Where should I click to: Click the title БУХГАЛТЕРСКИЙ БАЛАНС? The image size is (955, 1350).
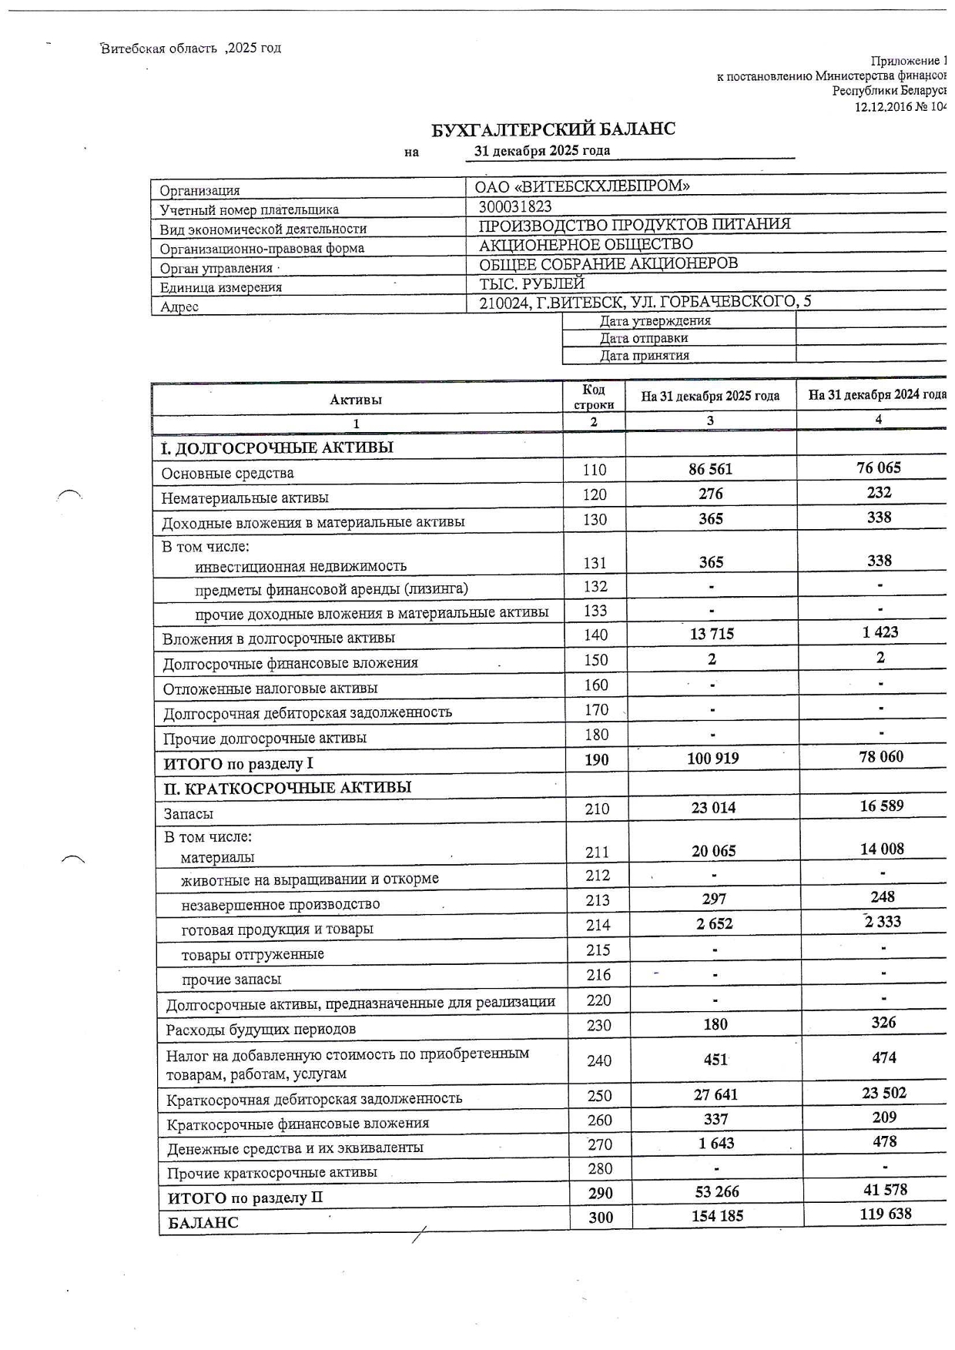[552, 129]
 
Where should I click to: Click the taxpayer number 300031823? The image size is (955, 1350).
[514, 206]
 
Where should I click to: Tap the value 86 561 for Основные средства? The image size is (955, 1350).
[710, 469]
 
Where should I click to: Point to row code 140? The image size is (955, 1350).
[595, 635]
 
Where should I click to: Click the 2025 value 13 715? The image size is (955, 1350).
[712, 634]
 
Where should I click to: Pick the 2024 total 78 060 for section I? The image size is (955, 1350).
[881, 757]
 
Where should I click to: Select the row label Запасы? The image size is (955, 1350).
[188, 814]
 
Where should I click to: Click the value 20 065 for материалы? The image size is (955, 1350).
[713, 851]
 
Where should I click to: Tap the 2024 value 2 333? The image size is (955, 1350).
[882, 922]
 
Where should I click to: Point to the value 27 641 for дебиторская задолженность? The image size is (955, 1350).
[715, 1094]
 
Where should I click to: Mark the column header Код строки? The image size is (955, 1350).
[594, 397]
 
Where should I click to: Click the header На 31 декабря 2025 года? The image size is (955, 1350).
[710, 397]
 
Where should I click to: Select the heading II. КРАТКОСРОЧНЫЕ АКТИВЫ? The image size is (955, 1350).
[287, 788]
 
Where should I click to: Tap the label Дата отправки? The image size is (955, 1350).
[644, 338]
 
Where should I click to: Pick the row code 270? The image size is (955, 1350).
[599, 1144]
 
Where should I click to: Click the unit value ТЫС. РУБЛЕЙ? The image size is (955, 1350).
[531, 283]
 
